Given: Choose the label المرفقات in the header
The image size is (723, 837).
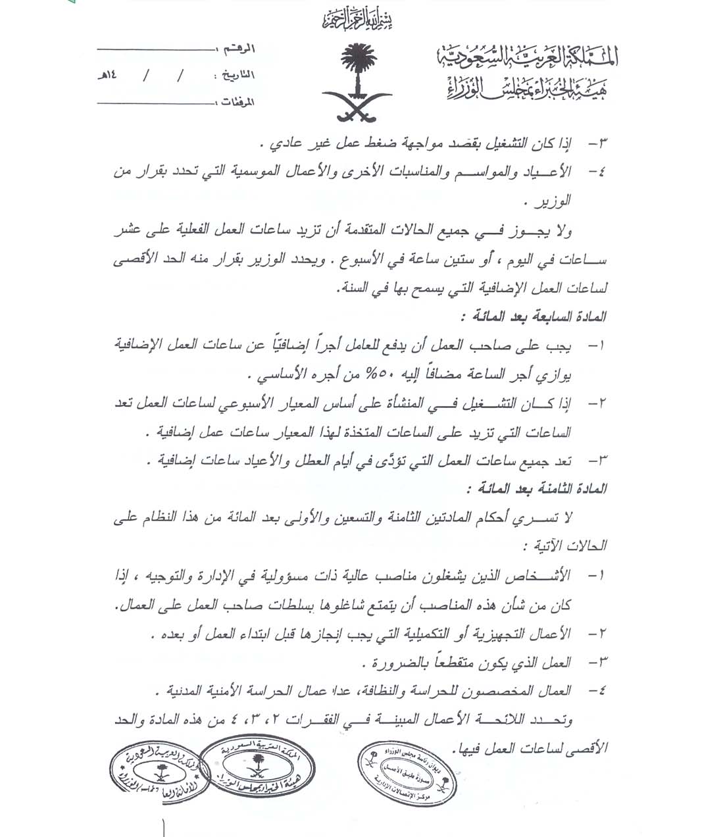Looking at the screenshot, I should click(x=235, y=103).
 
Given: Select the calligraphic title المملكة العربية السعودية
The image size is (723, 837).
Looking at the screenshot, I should click(x=526, y=59).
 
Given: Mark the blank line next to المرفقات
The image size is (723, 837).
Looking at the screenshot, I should click(x=155, y=103).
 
